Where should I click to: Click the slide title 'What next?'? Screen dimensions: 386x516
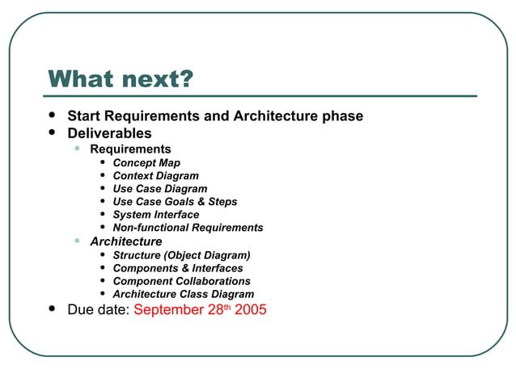(x=121, y=80)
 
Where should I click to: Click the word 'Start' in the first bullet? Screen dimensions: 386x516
(x=85, y=116)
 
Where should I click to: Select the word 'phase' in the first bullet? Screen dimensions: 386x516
(x=342, y=116)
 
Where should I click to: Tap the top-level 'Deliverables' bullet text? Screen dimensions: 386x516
(x=109, y=133)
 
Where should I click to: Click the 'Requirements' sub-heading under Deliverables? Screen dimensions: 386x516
(x=130, y=149)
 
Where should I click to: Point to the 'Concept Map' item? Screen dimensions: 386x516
(x=146, y=163)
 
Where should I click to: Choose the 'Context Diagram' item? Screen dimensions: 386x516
(x=155, y=176)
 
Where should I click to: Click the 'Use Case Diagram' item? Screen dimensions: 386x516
(x=159, y=189)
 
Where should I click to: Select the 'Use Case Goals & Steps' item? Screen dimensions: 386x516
(x=175, y=202)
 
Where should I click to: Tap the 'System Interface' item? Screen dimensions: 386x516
(x=155, y=215)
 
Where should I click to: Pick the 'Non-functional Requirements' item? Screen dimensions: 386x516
(x=188, y=228)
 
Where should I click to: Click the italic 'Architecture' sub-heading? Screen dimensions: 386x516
(x=125, y=241)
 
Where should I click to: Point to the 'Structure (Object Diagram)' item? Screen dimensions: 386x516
(x=181, y=255)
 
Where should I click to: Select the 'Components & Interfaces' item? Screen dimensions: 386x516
(x=177, y=268)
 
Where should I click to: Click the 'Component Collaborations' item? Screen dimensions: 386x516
(x=181, y=281)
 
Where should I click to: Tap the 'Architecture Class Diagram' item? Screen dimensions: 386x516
(x=183, y=294)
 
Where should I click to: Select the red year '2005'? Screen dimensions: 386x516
(x=251, y=310)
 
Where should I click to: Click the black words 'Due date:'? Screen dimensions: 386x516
(x=98, y=310)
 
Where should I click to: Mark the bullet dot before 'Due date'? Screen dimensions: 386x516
(x=53, y=309)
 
